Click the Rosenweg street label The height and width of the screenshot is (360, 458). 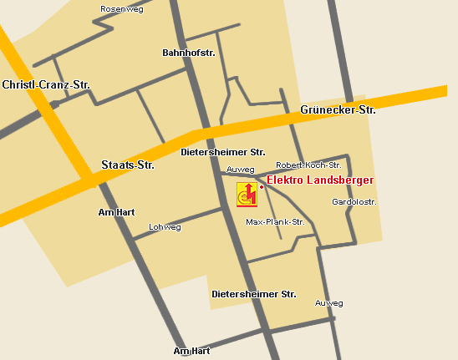(x=121, y=8)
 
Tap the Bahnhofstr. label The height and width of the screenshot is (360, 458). (x=189, y=53)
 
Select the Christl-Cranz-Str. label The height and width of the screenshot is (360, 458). (x=46, y=85)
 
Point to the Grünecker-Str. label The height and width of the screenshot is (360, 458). (x=338, y=109)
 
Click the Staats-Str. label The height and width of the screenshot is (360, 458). (x=128, y=165)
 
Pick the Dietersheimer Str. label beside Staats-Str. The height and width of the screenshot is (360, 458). (x=223, y=153)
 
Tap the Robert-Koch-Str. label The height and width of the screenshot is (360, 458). (x=308, y=165)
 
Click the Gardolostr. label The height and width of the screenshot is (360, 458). (x=354, y=202)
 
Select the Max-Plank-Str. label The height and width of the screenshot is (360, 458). (x=275, y=222)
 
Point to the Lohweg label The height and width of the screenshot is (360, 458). (x=164, y=227)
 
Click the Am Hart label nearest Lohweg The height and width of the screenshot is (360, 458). (x=116, y=212)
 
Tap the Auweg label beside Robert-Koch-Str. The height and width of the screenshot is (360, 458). (x=240, y=170)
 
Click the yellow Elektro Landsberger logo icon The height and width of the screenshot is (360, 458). (x=247, y=193)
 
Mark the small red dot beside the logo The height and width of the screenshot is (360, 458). (x=262, y=187)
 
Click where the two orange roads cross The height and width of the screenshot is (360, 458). (x=89, y=180)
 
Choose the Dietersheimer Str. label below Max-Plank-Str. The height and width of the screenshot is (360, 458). (x=254, y=294)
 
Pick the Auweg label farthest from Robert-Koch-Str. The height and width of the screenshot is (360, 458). (x=328, y=303)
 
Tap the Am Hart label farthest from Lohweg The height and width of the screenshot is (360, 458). (x=191, y=352)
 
